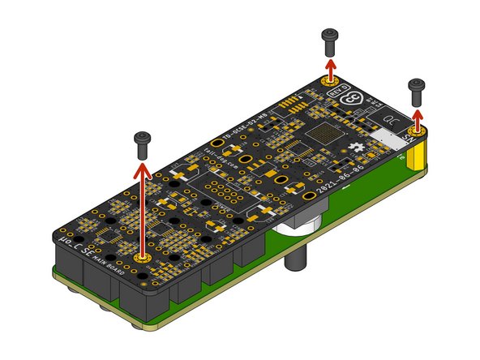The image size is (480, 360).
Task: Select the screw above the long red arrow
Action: coord(142,142)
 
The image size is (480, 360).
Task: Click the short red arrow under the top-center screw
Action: coord(331,66)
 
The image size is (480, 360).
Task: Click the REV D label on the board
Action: coord(339,90)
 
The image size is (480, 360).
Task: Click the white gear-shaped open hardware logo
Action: coord(360,147)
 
